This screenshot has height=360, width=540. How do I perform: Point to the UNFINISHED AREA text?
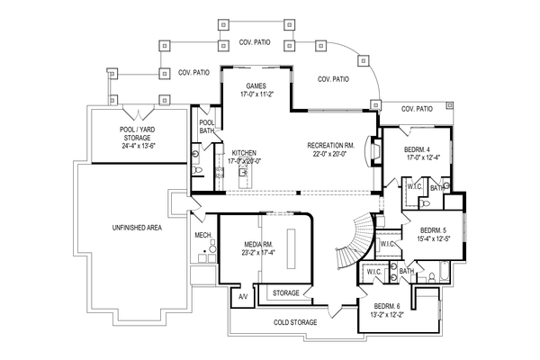click(137, 228)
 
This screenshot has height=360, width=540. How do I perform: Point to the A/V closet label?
click(242, 296)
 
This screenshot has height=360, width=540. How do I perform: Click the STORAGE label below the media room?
click(286, 292)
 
